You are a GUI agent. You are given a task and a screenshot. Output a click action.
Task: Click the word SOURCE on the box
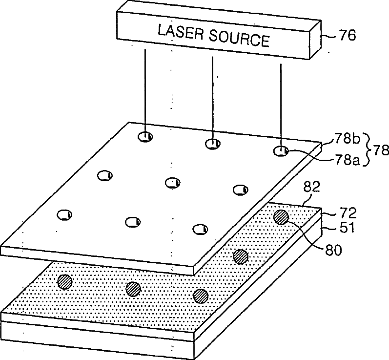pyautogui.click(x=239, y=39)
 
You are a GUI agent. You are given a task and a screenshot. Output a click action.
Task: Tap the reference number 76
pyautogui.click(x=348, y=35)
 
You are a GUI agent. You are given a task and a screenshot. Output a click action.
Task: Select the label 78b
pyautogui.click(x=348, y=139)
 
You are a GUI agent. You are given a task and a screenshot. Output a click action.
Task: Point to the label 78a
pyautogui.click(x=348, y=160)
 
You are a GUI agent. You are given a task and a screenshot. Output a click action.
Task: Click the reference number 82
pyautogui.click(x=312, y=187)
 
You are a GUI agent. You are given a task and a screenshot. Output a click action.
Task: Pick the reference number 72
pyautogui.click(x=348, y=213)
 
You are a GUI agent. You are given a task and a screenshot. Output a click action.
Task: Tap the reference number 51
pyautogui.click(x=347, y=228)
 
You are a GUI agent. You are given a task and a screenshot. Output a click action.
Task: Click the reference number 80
pyautogui.click(x=333, y=250)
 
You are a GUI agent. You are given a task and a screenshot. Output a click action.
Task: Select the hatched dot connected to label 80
pyautogui.click(x=281, y=217)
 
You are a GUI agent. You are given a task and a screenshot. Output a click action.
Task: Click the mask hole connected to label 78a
pyautogui.click(x=281, y=151)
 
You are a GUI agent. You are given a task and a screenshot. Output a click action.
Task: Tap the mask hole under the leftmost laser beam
pyautogui.click(x=145, y=137)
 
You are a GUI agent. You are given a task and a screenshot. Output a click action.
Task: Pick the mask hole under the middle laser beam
pyautogui.click(x=213, y=144)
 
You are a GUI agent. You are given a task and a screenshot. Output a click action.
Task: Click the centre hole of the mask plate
pyautogui.click(x=172, y=183)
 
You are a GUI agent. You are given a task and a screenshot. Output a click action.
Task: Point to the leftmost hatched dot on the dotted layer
pyautogui.click(x=65, y=282)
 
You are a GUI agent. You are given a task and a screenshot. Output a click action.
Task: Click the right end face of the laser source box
pyautogui.click(x=316, y=39)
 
